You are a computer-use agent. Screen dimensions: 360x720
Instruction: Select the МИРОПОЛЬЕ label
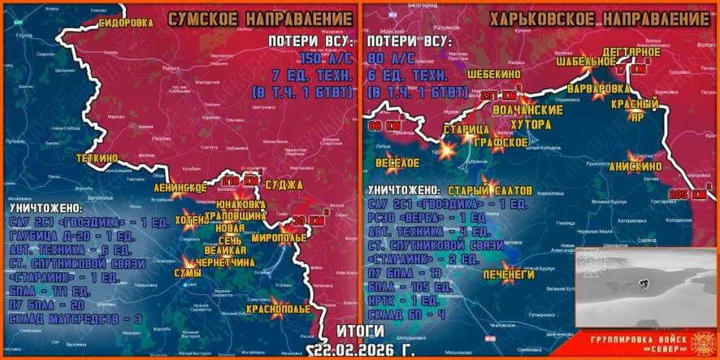point(280,238)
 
